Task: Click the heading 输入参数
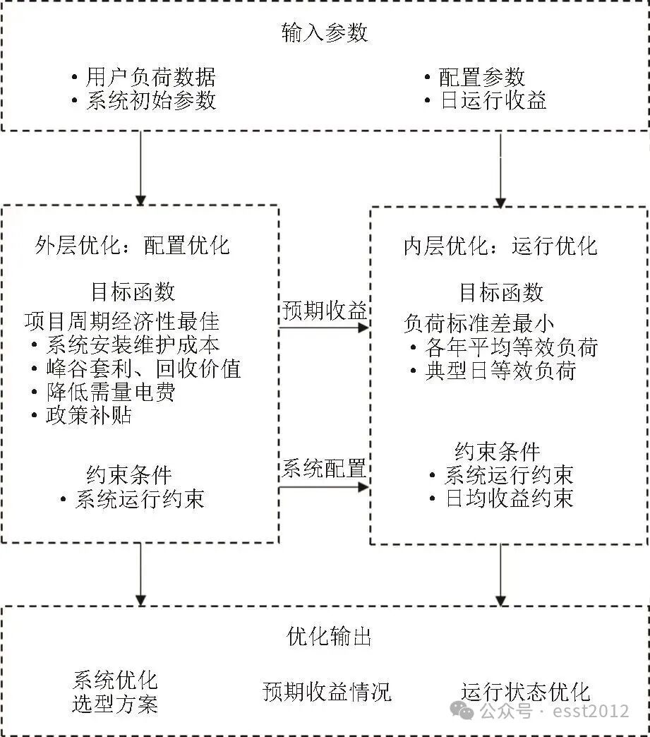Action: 325,33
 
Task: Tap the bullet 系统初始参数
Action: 150,100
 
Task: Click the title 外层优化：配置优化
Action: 132,245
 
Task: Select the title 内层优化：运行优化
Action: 500,246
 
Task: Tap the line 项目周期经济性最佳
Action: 121,322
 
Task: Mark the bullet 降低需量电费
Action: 110,391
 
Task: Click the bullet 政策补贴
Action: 88,414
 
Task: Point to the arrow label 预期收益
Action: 325,311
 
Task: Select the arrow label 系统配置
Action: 325,468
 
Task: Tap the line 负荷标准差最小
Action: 479,323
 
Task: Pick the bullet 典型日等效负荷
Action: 500,370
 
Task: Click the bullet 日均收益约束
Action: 508,498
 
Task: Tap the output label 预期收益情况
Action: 326,691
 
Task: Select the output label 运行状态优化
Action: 525,691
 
